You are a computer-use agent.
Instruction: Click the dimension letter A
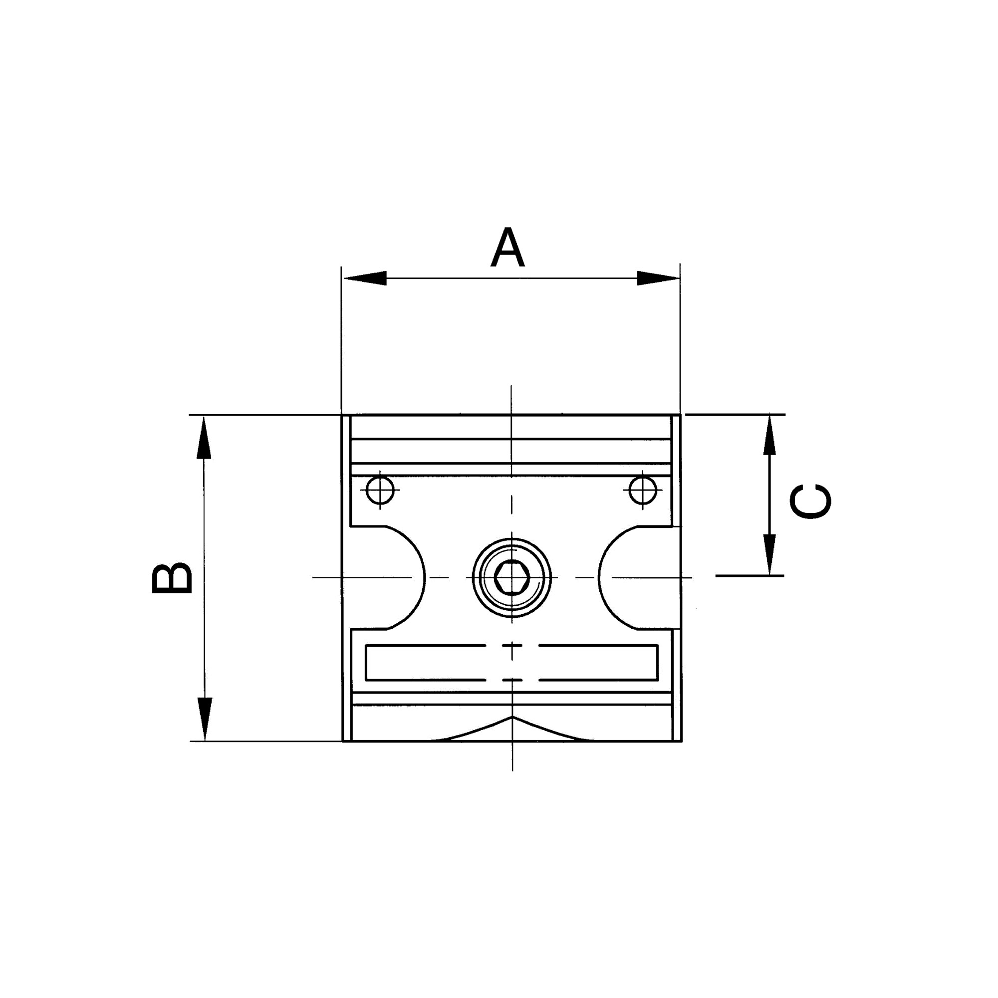(508, 249)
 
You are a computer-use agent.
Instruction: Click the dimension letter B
(173, 578)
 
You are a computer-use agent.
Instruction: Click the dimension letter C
(810, 501)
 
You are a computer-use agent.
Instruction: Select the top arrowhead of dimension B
(204, 439)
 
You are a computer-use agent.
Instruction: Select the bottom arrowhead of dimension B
(205, 718)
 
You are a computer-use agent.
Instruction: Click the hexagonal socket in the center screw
(511, 577)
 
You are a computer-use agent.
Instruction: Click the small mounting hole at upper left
(380, 490)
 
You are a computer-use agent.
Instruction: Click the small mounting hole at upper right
(643, 490)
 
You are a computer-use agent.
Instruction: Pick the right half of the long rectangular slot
(599, 663)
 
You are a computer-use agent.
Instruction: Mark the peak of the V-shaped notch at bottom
(512, 718)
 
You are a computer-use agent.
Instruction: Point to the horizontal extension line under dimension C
(749, 575)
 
